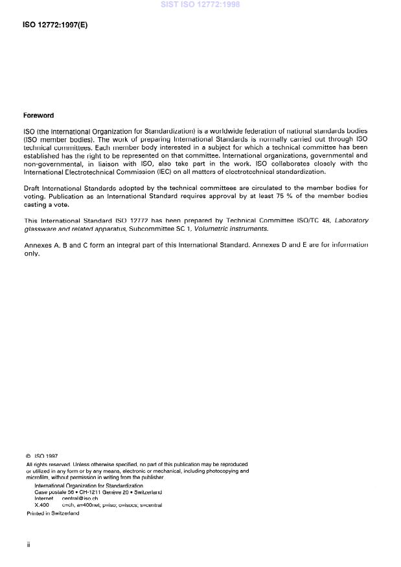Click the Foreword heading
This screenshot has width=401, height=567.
pos(38,115)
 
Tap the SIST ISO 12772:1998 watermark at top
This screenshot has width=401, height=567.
pos(200,5)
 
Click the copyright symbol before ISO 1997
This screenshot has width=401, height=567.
pos(29,456)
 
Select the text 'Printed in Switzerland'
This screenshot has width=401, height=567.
pos(52,513)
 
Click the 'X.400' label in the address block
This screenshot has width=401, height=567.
pos(41,505)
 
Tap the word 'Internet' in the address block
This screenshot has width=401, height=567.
pos(43,498)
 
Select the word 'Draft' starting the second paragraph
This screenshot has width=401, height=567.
pos(32,187)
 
